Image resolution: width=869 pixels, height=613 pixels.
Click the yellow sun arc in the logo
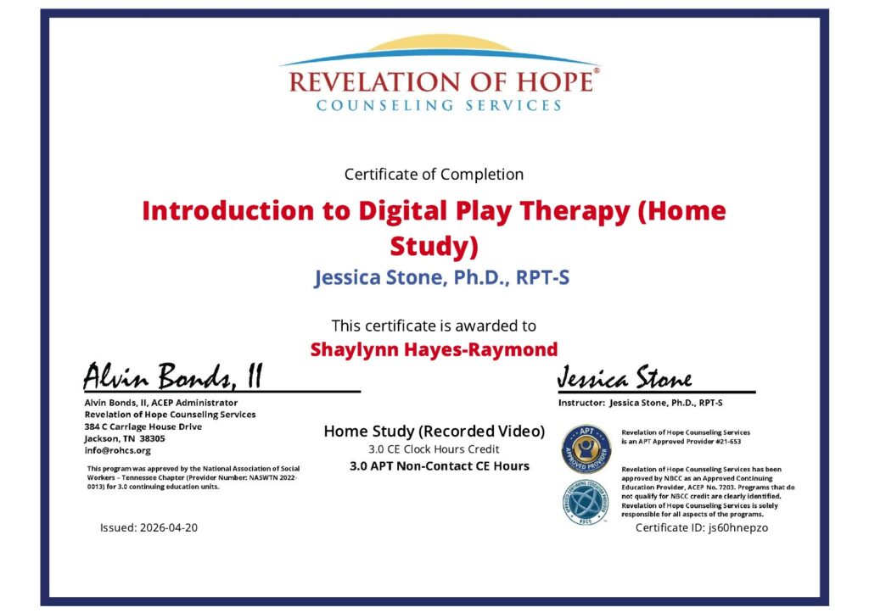440,42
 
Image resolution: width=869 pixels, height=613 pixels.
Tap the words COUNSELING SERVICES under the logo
439,105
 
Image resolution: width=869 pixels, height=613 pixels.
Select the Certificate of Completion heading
434,175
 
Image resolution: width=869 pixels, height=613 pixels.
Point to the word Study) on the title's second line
434,246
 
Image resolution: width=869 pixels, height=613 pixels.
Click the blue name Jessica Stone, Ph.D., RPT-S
441,277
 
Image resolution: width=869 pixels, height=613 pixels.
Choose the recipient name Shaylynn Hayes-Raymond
434,349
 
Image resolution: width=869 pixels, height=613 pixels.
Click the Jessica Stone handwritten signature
625,377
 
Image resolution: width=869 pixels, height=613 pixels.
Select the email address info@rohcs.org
117,450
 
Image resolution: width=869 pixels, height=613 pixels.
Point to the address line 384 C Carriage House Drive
143,426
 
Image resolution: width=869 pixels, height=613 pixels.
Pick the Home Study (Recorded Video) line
434,432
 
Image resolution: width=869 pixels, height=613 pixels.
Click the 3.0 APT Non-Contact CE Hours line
440,466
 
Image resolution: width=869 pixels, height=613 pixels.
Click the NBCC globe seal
586,503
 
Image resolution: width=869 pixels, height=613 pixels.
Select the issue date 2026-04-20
169,527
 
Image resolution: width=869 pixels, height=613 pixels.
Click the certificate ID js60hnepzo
738,527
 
